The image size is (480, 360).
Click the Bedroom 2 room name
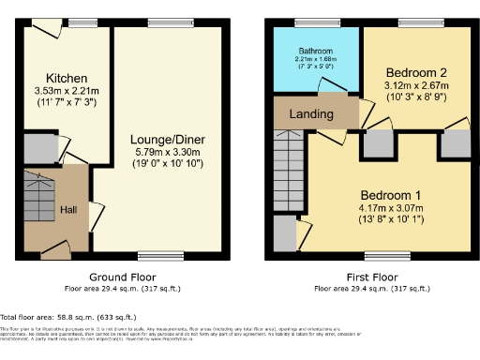[414, 71]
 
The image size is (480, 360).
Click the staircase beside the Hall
[39, 197]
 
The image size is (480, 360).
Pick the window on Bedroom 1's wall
[380, 255]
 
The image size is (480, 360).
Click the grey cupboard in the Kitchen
[37, 148]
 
